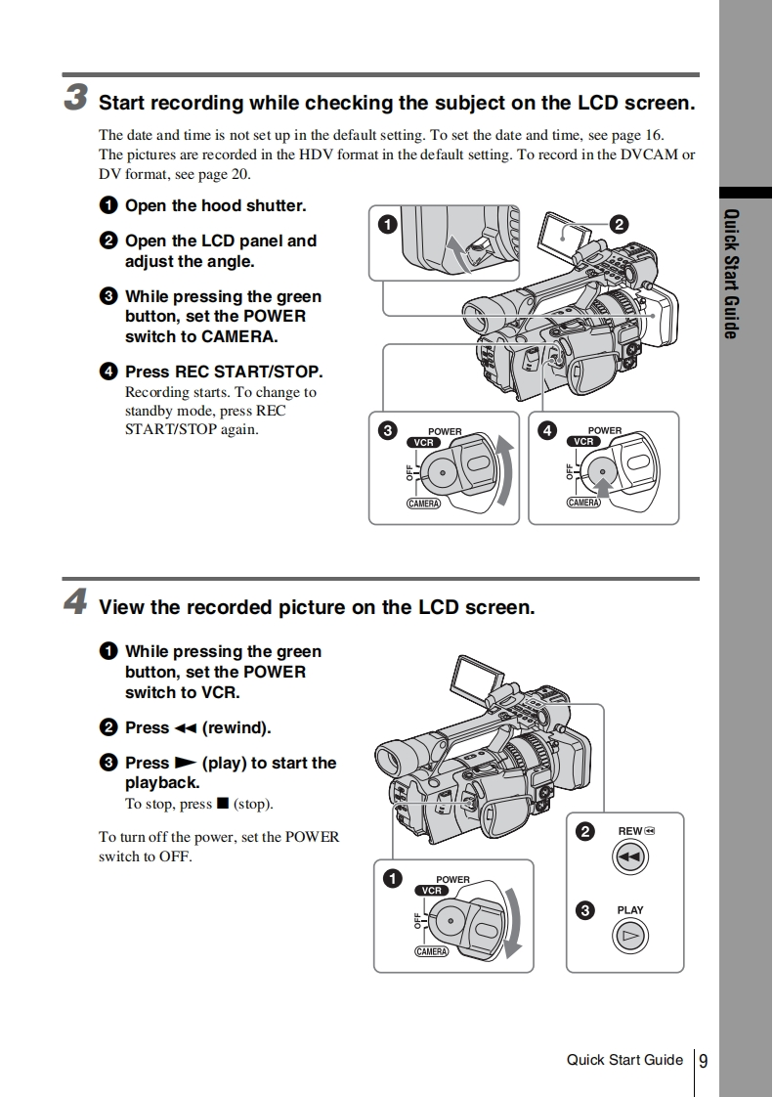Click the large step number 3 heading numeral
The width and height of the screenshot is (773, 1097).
[76, 98]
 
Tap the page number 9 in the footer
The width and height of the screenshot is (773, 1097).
[704, 1061]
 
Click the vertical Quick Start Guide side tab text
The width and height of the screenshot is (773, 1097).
[731, 274]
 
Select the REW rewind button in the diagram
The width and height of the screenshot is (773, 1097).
[630, 857]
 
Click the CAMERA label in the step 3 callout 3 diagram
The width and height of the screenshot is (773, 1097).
[423, 504]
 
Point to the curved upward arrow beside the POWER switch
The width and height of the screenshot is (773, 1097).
[504, 469]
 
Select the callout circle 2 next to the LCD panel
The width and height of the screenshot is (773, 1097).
[618, 224]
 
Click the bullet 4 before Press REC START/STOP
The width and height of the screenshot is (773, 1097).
[107, 372]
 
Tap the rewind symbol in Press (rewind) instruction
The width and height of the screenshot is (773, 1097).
[186, 728]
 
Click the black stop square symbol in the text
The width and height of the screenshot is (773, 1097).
[222, 804]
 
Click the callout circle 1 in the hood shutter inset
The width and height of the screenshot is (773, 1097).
[388, 224]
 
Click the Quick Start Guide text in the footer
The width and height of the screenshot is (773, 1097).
[624, 1060]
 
